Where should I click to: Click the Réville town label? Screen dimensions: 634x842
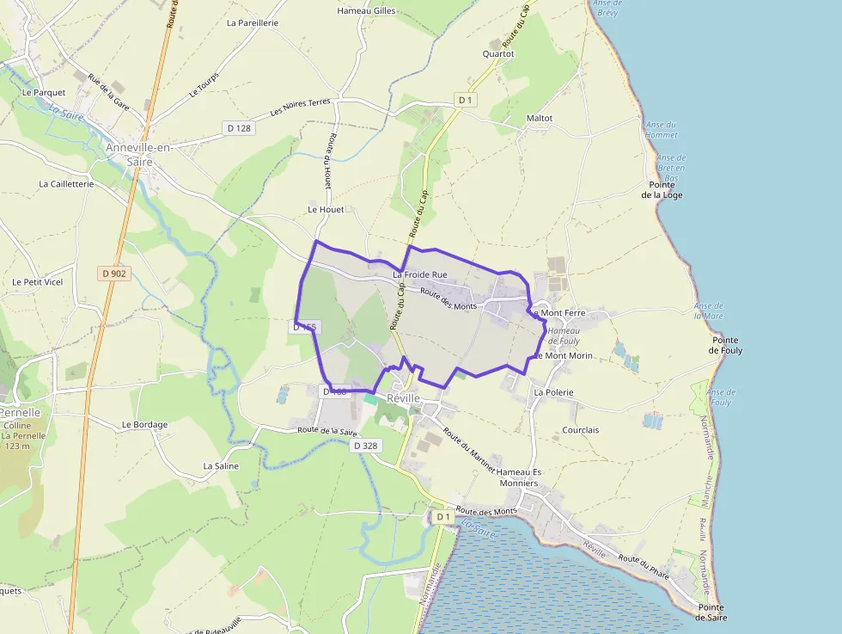[404, 399]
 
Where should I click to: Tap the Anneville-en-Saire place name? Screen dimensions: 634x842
[139, 154]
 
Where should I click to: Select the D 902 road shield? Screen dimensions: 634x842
[113, 274]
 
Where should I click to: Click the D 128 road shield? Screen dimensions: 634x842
[239, 128]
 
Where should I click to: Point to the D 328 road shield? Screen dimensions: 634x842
[365, 446]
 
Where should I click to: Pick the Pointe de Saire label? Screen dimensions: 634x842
[712, 612]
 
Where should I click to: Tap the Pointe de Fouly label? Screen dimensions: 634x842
[725, 346]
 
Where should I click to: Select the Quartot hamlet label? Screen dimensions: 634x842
[498, 53]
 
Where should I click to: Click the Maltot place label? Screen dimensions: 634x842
[539, 118]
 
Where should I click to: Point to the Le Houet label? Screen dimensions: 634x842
[325, 209]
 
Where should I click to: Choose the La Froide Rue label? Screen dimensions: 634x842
[420, 274]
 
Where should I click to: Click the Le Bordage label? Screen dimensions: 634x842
[144, 424]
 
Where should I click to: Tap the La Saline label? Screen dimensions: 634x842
[221, 465]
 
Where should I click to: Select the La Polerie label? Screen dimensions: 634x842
[553, 392]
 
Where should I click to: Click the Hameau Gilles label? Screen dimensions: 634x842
[367, 11]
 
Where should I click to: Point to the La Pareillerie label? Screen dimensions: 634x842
[253, 23]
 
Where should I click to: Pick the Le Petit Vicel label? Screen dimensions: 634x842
[38, 281]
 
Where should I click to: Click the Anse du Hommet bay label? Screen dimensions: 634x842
[662, 130]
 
